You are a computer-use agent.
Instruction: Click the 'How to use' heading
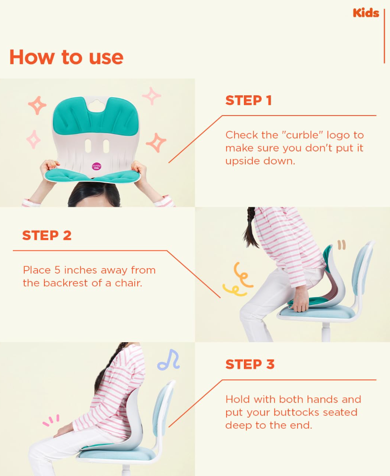[66, 57]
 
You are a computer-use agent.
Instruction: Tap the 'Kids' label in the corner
[366, 13]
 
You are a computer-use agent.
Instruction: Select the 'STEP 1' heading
[248, 100]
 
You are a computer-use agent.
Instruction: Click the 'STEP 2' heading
[47, 236]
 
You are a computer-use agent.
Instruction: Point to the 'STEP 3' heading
[250, 364]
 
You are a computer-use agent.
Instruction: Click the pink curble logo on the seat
[97, 166]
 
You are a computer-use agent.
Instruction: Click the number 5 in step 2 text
[57, 270]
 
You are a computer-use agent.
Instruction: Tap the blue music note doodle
[169, 360]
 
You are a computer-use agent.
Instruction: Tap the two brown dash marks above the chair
[342, 245]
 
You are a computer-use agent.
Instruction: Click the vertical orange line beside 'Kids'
[385, 36]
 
